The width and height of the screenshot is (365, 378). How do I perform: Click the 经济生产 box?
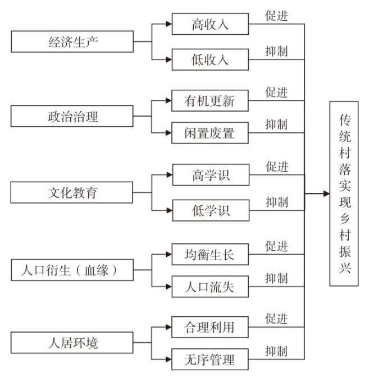point(72,42)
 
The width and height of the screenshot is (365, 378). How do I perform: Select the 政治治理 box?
point(72,116)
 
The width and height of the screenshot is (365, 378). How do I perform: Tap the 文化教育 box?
point(72,192)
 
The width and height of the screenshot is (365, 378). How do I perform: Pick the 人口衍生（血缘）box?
point(72,270)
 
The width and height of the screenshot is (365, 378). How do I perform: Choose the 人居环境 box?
point(72,343)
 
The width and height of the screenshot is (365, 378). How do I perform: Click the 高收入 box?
point(210,24)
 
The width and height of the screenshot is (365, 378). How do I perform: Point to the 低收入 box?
point(210,59)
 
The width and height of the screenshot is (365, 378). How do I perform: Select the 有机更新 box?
point(210,100)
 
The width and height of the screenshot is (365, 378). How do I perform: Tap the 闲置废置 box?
point(210,133)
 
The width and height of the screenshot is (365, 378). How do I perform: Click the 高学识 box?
point(211,175)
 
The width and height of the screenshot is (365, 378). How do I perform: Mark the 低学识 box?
point(211,210)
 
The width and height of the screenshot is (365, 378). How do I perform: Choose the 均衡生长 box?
point(210,254)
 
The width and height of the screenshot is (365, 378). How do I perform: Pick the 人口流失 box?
point(210,287)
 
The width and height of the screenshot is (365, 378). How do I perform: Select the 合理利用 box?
point(210,327)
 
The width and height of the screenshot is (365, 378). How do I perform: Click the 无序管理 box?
point(210,359)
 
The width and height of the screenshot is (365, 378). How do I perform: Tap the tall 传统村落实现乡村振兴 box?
point(344,193)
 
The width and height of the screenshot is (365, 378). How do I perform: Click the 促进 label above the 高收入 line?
point(276,16)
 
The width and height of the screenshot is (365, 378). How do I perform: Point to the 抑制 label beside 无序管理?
point(276,351)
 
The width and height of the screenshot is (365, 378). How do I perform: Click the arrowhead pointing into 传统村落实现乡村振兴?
point(327,193)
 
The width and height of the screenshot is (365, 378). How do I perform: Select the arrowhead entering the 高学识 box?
point(170,175)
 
